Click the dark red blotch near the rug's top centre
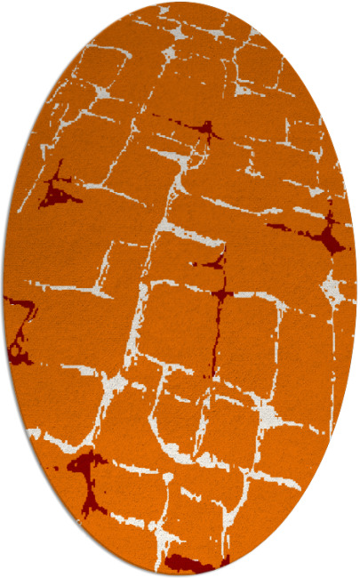coord(207,132)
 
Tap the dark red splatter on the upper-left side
coord(59,190)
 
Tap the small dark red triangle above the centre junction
coord(214,262)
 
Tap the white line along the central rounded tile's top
coord(178,285)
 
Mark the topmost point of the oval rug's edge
coord(180,3)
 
